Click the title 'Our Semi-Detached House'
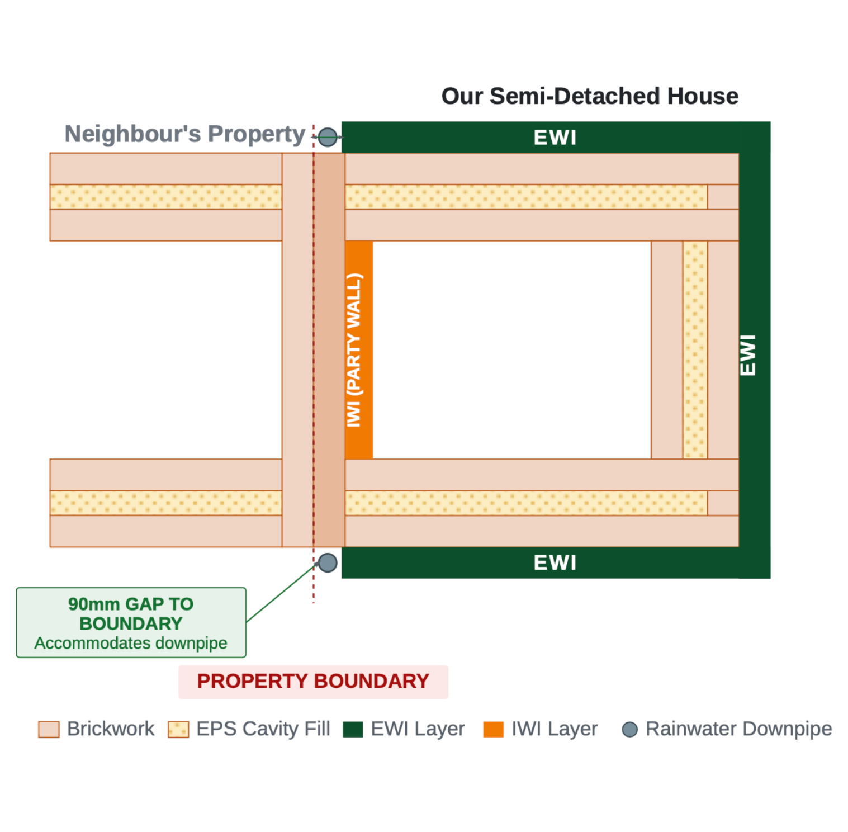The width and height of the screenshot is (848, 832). [590, 96]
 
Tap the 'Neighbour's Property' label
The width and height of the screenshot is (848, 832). [185, 134]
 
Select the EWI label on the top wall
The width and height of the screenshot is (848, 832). [555, 138]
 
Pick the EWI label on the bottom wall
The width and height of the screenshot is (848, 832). [555, 562]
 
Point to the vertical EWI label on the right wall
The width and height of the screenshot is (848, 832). [748, 355]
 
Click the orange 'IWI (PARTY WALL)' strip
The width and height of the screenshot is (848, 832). [359, 350]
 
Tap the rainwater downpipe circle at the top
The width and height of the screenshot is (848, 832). [328, 137]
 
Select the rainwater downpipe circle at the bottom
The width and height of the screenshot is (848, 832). [328, 562]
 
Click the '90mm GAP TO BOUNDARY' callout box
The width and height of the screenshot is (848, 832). [131, 622]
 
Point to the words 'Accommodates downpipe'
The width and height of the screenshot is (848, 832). [131, 643]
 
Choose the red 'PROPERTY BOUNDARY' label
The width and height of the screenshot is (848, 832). [313, 682]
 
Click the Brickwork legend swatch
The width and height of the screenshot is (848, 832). [49, 730]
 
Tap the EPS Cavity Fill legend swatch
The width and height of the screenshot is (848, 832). [178, 730]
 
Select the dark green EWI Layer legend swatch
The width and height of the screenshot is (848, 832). [353, 730]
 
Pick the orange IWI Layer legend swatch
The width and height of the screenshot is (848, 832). [494, 730]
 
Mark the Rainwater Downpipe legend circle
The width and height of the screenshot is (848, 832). [630, 730]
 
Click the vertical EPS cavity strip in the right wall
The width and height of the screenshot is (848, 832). [695, 350]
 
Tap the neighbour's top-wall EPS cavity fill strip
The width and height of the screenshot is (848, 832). [166, 197]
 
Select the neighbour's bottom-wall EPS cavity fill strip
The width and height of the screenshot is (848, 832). [166, 503]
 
